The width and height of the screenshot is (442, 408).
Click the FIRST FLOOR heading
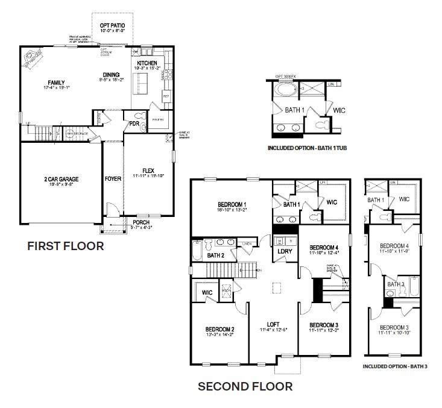click(x=66, y=246)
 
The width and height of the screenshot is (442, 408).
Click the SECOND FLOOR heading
click(x=245, y=386)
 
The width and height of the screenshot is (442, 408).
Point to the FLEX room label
click(x=148, y=170)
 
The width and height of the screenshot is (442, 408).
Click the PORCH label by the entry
click(x=142, y=222)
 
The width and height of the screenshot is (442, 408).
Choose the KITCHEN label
click(x=147, y=63)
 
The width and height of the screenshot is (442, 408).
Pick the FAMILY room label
click(x=57, y=83)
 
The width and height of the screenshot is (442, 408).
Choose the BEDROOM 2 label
click(x=219, y=329)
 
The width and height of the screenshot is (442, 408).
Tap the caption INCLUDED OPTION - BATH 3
click(x=394, y=366)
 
